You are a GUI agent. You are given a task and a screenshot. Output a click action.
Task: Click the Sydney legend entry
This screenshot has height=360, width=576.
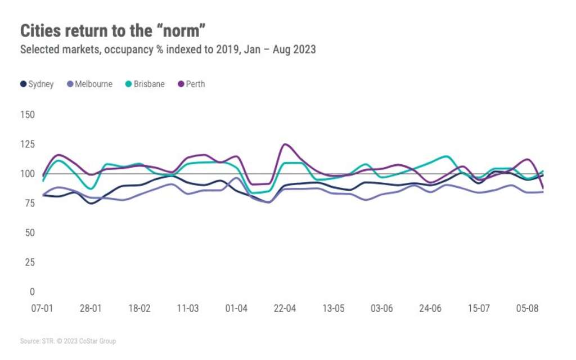(x=37, y=84)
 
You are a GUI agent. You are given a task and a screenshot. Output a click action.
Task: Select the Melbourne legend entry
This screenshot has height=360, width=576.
(x=89, y=84)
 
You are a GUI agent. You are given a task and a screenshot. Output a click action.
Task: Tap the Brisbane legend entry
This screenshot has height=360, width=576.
(x=145, y=84)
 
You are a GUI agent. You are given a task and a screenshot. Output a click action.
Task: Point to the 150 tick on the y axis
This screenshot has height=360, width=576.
(x=28, y=115)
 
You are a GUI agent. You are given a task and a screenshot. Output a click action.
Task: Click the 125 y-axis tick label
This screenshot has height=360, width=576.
(x=28, y=145)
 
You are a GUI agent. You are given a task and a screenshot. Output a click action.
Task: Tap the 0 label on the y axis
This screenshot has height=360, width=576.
(x=32, y=292)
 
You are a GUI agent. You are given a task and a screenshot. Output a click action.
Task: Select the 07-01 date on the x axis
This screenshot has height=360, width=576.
(x=42, y=309)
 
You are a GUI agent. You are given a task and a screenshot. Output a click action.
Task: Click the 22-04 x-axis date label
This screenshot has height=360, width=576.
(x=285, y=309)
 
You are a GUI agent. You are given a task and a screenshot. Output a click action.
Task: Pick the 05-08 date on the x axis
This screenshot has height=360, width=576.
(x=527, y=309)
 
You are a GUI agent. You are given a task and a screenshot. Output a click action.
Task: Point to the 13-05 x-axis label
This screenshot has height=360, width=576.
(x=333, y=309)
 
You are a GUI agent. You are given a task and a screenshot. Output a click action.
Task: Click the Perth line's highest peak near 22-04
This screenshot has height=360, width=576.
(x=286, y=145)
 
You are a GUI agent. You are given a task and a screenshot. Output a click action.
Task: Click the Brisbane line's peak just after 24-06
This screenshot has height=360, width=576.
(x=446, y=156)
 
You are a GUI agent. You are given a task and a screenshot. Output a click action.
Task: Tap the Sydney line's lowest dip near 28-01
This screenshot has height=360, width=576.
(x=91, y=203)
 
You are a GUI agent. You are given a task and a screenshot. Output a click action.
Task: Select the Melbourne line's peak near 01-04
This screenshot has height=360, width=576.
(x=236, y=178)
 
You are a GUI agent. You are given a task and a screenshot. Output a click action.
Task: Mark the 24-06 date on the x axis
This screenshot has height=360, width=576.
(x=430, y=309)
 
